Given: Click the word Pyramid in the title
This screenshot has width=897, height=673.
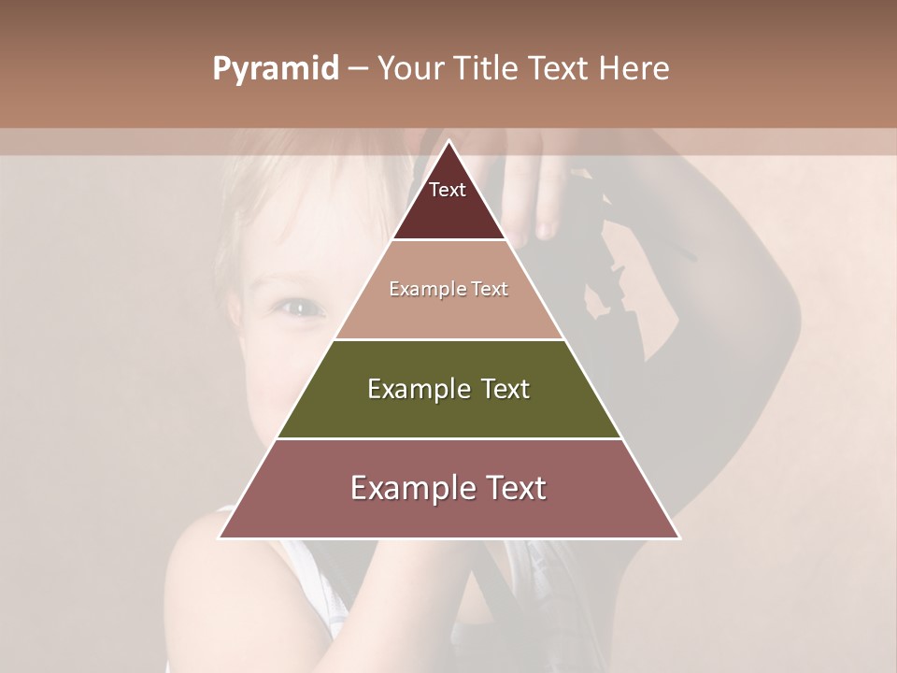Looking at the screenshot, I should (x=275, y=69).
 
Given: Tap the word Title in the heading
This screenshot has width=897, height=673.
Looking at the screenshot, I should (x=487, y=69).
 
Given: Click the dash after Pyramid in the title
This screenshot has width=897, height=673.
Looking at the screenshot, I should (x=358, y=69).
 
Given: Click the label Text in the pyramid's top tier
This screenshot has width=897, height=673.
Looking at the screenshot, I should (x=448, y=190).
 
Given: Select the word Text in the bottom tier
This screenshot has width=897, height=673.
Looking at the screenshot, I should (x=512, y=488).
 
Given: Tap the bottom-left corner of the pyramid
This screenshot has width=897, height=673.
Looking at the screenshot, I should (x=220, y=538).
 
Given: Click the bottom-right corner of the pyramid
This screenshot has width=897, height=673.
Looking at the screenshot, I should (x=679, y=538).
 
